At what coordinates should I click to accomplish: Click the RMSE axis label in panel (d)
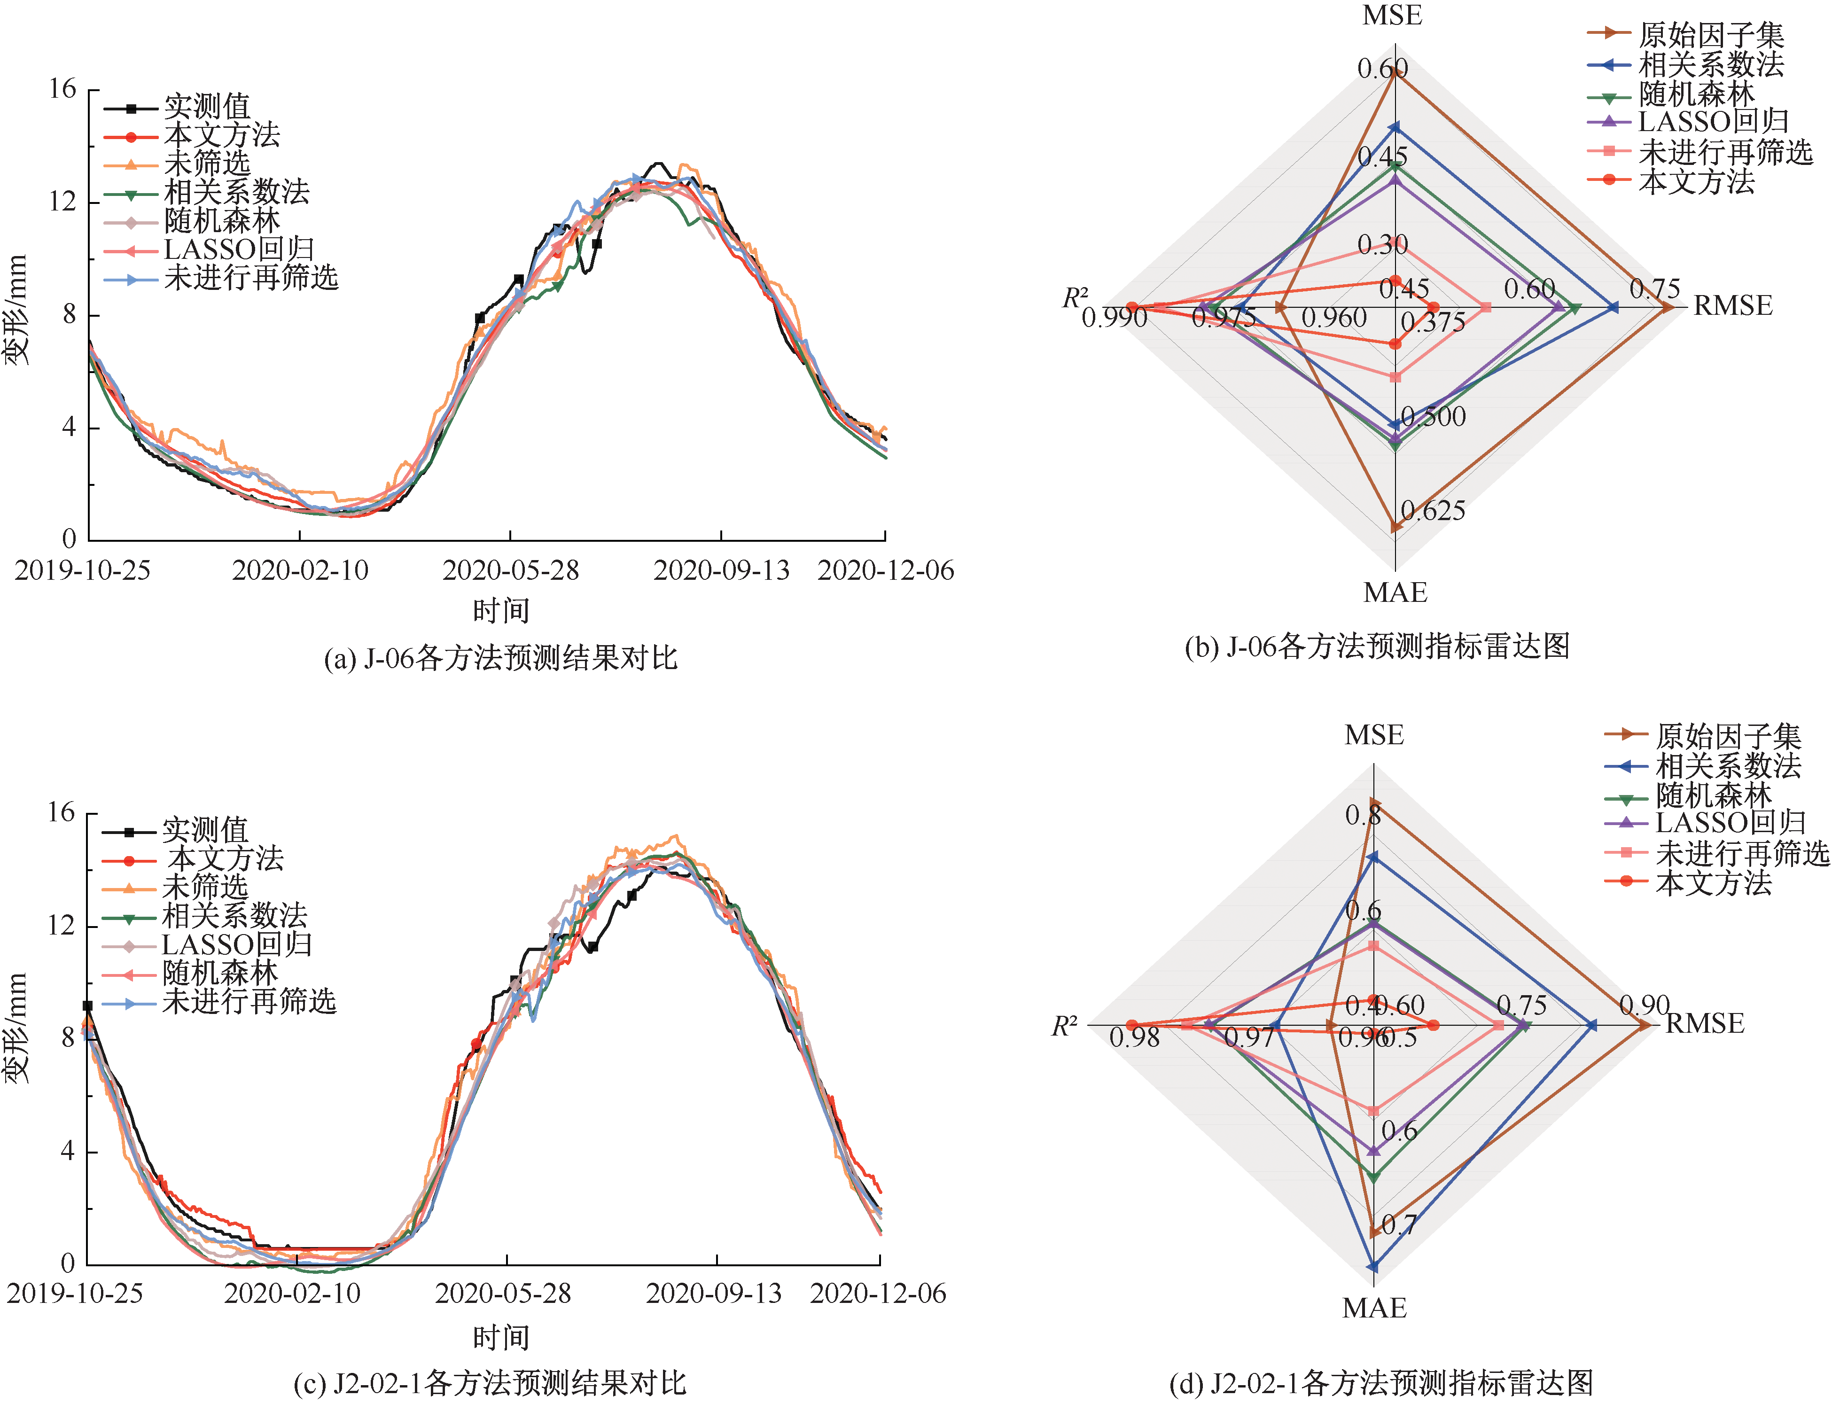pyautogui.click(x=1705, y=1024)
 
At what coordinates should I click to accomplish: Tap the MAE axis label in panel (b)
pyautogui.click(x=1395, y=593)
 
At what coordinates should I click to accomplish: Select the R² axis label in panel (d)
pyautogui.click(x=1065, y=1026)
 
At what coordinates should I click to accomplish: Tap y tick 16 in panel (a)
pyautogui.click(x=62, y=89)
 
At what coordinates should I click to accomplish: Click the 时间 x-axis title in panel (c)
pyautogui.click(x=501, y=1338)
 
